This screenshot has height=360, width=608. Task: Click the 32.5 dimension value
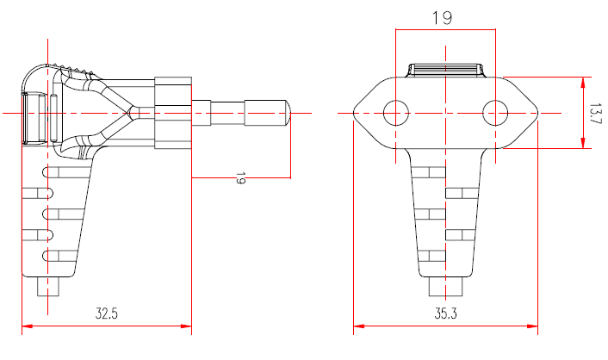click(x=107, y=314)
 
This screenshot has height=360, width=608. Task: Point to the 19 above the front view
click(x=444, y=17)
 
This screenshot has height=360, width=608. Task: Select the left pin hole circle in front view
click(x=395, y=112)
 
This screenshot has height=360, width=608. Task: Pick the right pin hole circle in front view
click(x=495, y=112)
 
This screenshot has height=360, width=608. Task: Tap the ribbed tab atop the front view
click(x=445, y=70)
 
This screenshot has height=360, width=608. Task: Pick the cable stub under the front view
click(x=445, y=286)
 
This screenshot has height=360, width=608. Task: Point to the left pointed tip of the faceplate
click(x=356, y=112)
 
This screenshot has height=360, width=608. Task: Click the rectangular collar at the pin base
click(x=172, y=112)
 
